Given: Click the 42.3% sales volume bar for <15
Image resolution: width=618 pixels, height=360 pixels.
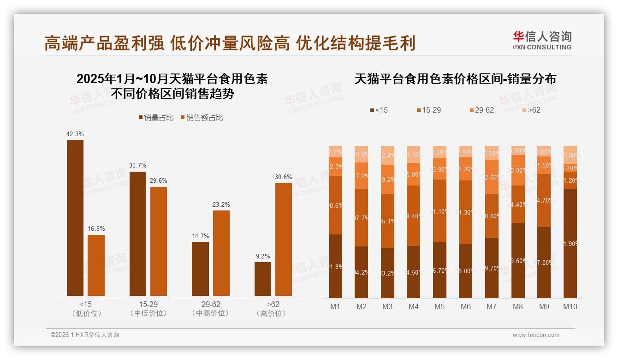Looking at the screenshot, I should [x=75, y=217].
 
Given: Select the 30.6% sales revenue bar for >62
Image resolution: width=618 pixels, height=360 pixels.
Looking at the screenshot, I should [x=284, y=239].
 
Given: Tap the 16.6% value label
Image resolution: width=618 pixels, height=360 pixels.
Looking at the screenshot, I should [x=96, y=229].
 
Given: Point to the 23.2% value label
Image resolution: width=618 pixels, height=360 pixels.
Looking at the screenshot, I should [x=221, y=204].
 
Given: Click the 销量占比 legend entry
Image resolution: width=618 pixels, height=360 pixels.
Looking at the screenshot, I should [x=155, y=118].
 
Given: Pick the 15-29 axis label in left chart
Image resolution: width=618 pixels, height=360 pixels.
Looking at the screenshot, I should [x=149, y=304].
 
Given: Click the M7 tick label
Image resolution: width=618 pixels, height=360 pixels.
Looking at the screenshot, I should [x=492, y=306].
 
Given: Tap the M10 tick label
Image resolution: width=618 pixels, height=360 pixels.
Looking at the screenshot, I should [x=570, y=306].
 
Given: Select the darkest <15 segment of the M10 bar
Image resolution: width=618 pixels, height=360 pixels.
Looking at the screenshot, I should [x=570, y=243].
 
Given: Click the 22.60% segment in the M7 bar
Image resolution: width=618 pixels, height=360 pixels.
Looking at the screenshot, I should [x=492, y=177].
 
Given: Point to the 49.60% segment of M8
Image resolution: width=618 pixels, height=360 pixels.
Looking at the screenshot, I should [x=518, y=260].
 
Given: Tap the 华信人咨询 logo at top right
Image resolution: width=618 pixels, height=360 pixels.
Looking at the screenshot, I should [x=542, y=40].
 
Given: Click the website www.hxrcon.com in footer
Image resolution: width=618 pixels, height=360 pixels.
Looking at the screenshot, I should [x=536, y=335].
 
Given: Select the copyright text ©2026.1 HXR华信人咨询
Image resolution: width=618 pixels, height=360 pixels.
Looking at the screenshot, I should [x=84, y=335].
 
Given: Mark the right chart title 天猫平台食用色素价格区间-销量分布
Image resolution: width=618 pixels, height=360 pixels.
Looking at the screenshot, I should [x=455, y=79].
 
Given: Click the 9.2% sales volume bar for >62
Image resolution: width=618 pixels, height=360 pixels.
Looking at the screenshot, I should [x=263, y=279].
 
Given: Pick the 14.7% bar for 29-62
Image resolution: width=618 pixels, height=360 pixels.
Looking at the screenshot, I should [x=200, y=269].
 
